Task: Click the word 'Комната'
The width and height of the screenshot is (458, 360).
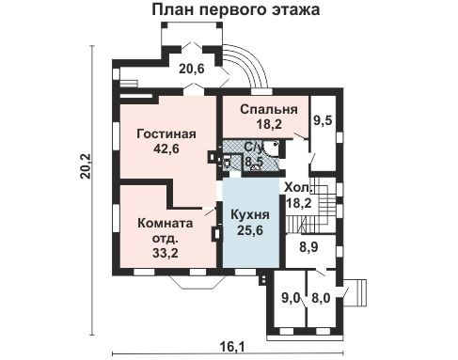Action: (x=166, y=224)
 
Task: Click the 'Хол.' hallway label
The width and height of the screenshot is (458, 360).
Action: (x=298, y=187)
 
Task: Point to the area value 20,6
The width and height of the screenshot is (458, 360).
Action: (x=192, y=68)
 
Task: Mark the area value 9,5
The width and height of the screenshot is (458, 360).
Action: (x=324, y=119)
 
